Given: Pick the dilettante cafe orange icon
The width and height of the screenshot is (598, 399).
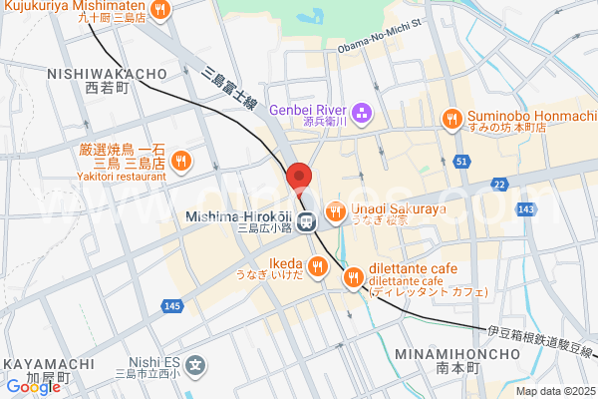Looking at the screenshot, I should pos(353,279).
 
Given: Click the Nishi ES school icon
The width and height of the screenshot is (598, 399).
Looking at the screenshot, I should pos(196,366).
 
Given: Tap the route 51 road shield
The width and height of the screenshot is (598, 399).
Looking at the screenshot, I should pos(460,161).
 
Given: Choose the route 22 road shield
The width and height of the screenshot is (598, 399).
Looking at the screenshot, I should pos(499,185).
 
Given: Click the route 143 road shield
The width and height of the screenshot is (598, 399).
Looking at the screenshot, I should pos(527,207).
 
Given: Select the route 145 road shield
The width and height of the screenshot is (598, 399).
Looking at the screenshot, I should pos(173,305).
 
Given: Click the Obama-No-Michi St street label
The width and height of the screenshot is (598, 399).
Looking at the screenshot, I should pos(379,47).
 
